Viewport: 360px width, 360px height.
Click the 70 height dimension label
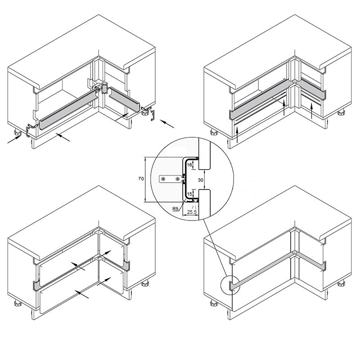point(141,178)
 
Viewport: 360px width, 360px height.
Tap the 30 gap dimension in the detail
point(200,180)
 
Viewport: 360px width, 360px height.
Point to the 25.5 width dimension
point(192,212)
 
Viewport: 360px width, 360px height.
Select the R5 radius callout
point(175,209)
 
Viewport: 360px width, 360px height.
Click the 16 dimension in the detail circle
point(189,165)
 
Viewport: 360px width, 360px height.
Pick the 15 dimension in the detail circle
point(189,194)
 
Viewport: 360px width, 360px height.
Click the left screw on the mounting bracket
point(163,179)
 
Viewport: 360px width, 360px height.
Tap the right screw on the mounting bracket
point(177,179)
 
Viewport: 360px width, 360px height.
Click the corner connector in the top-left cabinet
point(104,87)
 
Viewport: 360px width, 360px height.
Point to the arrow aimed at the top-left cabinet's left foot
point(14,139)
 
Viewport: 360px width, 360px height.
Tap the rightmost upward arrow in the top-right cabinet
point(311,111)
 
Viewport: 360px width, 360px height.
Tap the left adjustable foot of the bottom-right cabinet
point(214,303)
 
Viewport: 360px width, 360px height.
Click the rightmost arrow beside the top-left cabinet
point(167,123)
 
